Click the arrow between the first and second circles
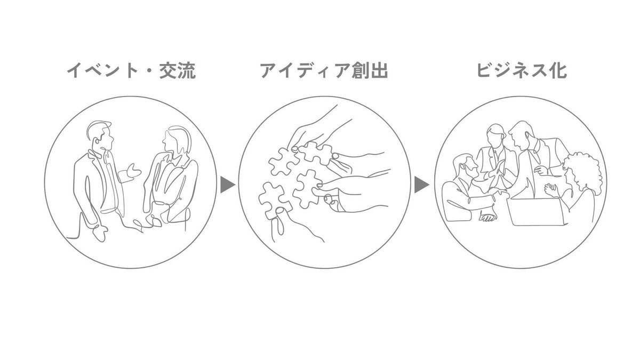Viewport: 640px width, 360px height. pos(227,185)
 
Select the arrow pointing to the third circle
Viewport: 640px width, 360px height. pos(421,185)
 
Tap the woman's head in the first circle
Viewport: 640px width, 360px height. pos(174,140)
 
